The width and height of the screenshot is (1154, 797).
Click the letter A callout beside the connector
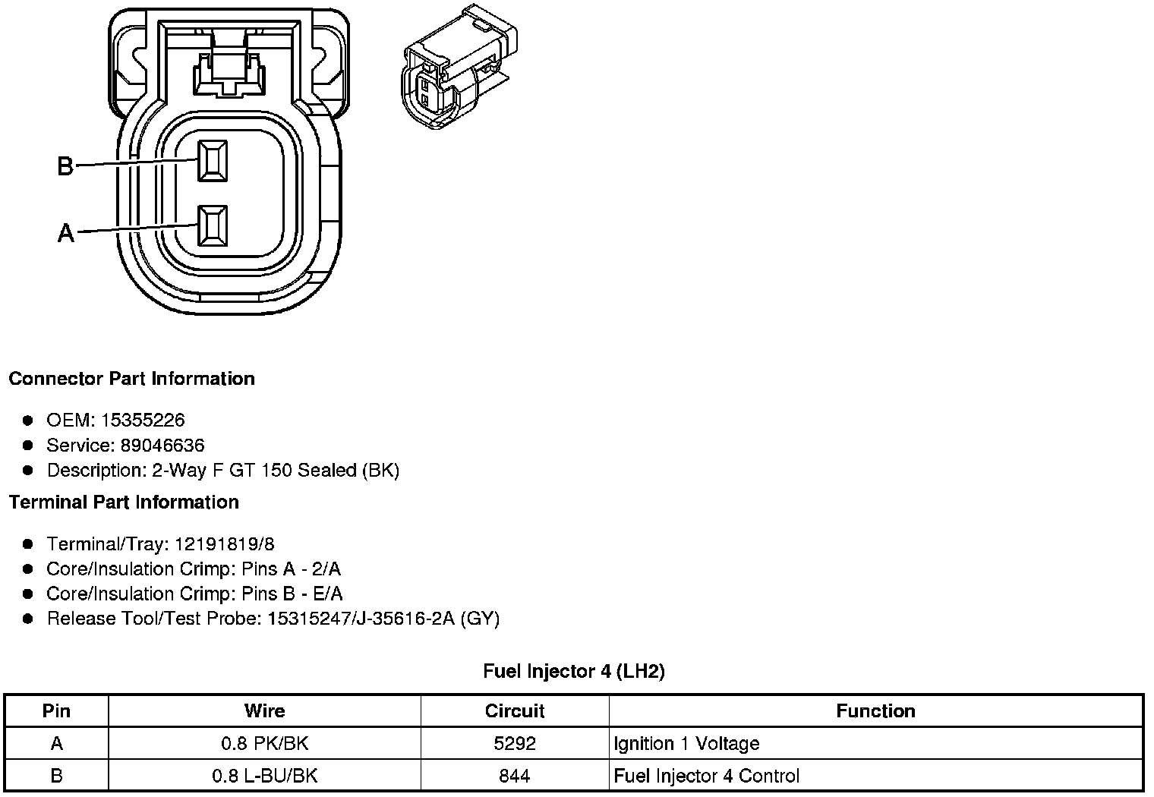(x=66, y=232)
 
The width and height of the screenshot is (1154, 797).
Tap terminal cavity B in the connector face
(x=213, y=161)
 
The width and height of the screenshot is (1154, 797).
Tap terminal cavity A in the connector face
(x=213, y=225)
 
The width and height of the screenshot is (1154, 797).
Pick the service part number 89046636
(x=162, y=446)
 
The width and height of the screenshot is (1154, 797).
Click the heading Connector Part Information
(x=131, y=379)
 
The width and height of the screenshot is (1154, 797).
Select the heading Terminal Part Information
(x=124, y=502)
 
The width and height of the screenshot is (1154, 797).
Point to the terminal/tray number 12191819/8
(x=224, y=544)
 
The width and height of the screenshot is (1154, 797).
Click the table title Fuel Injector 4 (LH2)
(x=574, y=671)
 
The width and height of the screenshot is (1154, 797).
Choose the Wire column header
(x=264, y=711)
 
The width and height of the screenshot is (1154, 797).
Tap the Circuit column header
(x=515, y=711)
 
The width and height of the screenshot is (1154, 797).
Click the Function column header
(x=875, y=711)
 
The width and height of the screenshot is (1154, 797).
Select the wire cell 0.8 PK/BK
(x=264, y=744)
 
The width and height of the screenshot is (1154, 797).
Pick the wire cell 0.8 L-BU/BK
(x=264, y=776)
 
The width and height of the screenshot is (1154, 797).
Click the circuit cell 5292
(x=515, y=744)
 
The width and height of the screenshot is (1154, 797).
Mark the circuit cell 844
(x=515, y=776)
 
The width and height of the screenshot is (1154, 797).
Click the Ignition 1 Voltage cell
(x=686, y=744)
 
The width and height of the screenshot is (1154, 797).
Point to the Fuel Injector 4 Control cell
(x=706, y=776)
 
